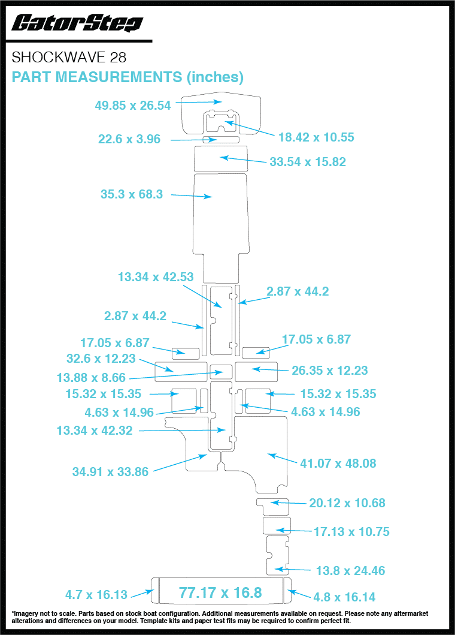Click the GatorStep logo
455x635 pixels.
coord(77,23)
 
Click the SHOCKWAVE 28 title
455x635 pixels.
coord(69,58)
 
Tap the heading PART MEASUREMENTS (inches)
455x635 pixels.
coord(128,77)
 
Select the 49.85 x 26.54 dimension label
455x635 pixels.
coord(133,106)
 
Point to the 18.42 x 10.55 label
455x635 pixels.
coord(316,137)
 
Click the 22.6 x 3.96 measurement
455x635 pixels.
coord(129,139)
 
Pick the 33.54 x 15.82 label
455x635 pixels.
coord(307,162)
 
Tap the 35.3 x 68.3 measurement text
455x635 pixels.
coord(132,194)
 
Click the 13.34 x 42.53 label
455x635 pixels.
coord(156,277)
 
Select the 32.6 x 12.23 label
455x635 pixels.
coord(101,359)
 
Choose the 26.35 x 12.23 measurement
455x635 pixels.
coord(330,371)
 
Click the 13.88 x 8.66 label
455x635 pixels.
coord(91,378)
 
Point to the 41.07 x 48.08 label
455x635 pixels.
coord(338,464)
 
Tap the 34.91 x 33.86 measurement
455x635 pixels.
coord(110,472)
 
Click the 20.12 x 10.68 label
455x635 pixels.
coord(347,503)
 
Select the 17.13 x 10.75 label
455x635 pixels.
coord(351,532)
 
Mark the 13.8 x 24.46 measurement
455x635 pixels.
coord(350,571)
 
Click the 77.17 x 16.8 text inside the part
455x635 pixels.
coord(220,593)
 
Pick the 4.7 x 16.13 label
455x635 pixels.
coord(96,595)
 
